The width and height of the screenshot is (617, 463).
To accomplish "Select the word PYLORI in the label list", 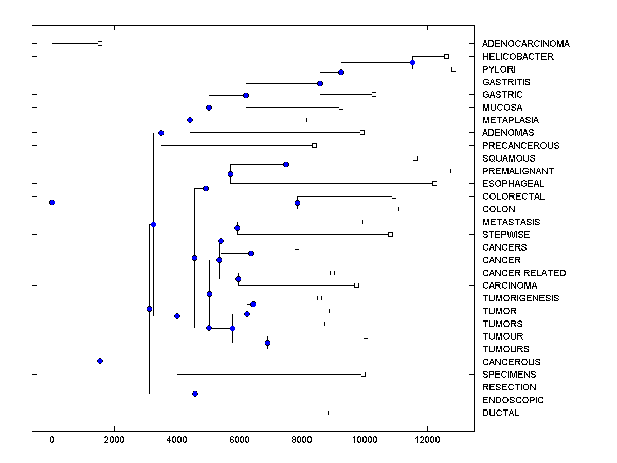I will click(x=499, y=69).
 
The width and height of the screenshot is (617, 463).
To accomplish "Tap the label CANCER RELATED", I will click(x=523, y=273).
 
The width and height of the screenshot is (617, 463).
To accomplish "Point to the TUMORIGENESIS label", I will click(x=520, y=298).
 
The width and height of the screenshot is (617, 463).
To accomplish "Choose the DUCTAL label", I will click(x=500, y=413).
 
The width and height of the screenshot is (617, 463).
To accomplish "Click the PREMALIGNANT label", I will click(x=518, y=171).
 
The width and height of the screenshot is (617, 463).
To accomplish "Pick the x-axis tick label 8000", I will click(x=302, y=440).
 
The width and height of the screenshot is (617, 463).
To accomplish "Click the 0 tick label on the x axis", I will click(x=52, y=440).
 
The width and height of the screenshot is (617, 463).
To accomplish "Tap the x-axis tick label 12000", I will click(x=427, y=440).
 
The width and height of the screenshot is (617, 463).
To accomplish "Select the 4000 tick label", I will click(x=177, y=440).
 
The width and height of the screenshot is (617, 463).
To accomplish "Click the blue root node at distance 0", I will click(x=52, y=202).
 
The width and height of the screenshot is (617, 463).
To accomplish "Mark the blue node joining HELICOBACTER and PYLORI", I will click(x=412, y=62).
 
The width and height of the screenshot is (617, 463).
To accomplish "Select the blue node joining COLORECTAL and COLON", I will click(x=297, y=203).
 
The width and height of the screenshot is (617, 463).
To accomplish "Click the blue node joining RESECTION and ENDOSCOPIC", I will click(x=195, y=394).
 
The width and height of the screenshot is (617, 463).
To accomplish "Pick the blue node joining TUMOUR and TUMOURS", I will click(x=267, y=343).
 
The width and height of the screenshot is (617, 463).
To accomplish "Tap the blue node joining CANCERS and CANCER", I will click(x=251, y=253).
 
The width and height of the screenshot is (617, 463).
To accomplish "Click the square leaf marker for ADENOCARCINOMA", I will click(x=100, y=43).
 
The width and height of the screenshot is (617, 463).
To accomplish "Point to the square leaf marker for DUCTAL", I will click(x=326, y=413).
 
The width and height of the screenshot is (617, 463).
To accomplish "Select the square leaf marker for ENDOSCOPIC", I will click(x=442, y=400).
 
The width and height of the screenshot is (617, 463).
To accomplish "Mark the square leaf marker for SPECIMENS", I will click(x=363, y=374).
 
